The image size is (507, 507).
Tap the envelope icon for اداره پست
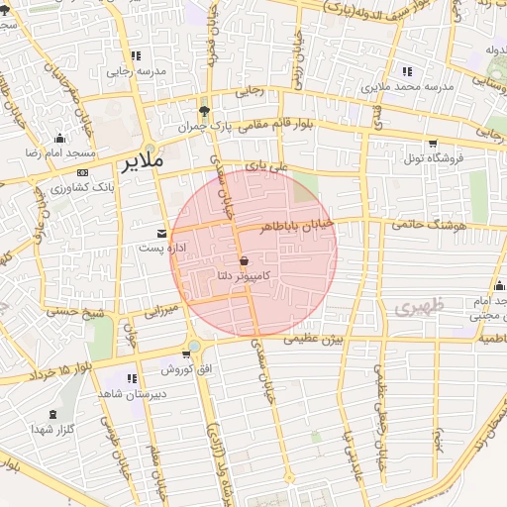(x=161, y=233)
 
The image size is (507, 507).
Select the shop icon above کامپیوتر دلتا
(x=244, y=259)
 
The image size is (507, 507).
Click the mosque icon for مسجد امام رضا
(x=59, y=138)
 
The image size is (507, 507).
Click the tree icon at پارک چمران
(x=204, y=111)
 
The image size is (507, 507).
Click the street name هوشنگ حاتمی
(x=428, y=225)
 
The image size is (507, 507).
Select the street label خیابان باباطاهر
(x=298, y=227)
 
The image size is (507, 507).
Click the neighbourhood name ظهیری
(x=415, y=308)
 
